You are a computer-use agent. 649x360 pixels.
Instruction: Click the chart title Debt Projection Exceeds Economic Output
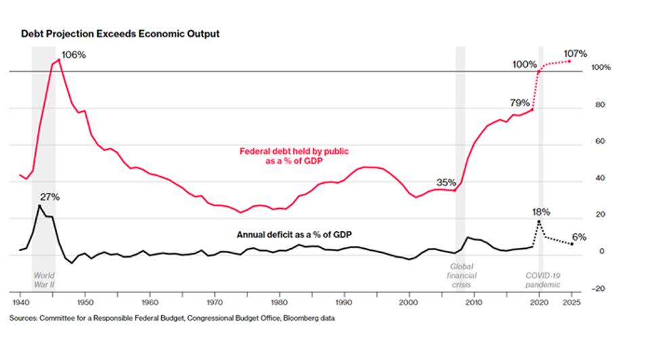[x=119, y=33]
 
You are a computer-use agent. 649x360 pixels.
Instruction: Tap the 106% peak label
[x=74, y=54]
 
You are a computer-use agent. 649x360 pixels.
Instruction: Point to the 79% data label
[x=520, y=102]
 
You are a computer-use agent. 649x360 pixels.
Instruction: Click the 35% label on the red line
[x=445, y=182]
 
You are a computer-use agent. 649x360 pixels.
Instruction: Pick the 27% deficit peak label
[x=49, y=197]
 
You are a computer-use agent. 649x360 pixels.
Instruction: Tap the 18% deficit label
[x=541, y=212]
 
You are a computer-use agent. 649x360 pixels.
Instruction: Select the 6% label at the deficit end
[x=579, y=237]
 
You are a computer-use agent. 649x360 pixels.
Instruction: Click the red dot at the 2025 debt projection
[x=570, y=61]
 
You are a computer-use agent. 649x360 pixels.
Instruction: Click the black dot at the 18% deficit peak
[x=539, y=222]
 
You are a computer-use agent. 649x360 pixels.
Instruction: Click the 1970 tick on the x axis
[x=215, y=300]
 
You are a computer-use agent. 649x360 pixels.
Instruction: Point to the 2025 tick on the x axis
[x=570, y=300]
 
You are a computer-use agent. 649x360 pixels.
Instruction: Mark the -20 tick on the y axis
[x=600, y=289]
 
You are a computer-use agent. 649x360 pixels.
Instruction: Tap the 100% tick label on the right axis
[x=601, y=68]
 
